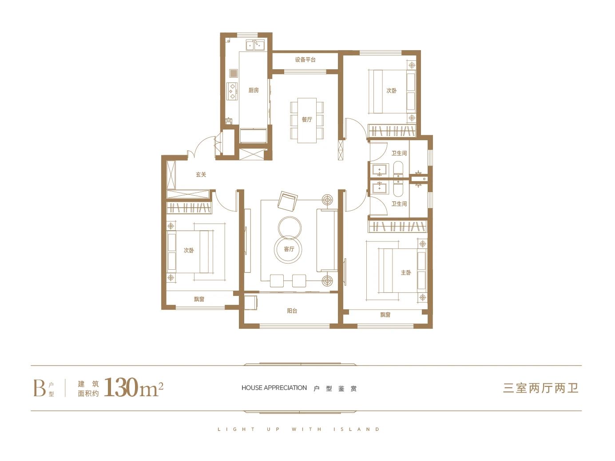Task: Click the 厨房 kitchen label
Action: [x=253, y=90]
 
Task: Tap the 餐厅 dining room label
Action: [x=307, y=119]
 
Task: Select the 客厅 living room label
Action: [x=289, y=249]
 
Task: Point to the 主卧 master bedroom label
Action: [x=406, y=272]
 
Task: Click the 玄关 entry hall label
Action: [x=201, y=175]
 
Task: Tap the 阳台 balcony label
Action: [x=292, y=311]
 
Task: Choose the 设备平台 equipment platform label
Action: [x=306, y=59]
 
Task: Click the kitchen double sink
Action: [x=255, y=45]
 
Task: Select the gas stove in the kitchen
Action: [x=232, y=91]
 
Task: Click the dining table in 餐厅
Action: [x=307, y=120]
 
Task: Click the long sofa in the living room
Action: [x=327, y=240]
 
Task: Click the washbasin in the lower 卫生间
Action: [x=380, y=187]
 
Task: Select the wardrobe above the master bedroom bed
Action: [x=397, y=226]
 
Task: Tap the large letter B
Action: [x=40, y=388]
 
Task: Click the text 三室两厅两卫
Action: [x=541, y=388]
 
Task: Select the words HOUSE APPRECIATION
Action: [x=274, y=388]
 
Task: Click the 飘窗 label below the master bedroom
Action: [x=385, y=315]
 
